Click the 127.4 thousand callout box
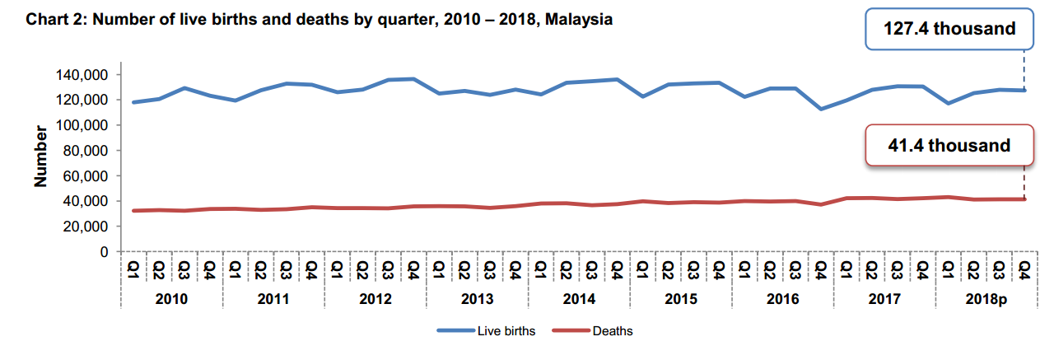click(x=949, y=30)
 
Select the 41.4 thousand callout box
click(x=949, y=146)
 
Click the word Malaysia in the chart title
click(x=581, y=19)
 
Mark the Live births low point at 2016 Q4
click(x=821, y=109)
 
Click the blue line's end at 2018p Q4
click(x=1024, y=90)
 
